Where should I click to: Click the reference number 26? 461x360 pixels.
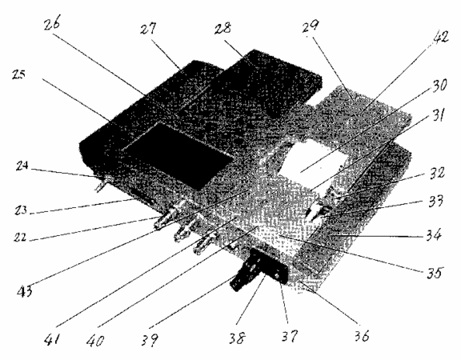(x=52, y=23)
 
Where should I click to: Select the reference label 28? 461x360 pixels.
(x=222, y=28)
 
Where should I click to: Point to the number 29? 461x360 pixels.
(x=311, y=26)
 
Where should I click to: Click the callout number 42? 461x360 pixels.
(x=439, y=38)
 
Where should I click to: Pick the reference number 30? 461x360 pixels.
(x=439, y=86)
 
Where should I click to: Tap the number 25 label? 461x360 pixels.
(x=19, y=74)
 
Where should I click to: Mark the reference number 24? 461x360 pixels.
(x=22, y=166)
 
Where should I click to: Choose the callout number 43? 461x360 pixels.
(x=25, y=291)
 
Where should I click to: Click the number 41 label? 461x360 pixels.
(x=52, y=340)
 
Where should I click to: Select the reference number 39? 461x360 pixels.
(x=150, y=340)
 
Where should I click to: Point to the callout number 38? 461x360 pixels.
(x=237, y=338)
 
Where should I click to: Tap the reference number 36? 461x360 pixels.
(x=361, y=335)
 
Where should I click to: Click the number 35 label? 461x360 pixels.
(x=435, y=273)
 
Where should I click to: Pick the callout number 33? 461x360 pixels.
(x=435, y=201)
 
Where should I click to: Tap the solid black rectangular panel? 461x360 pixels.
(x=178, y=156)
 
